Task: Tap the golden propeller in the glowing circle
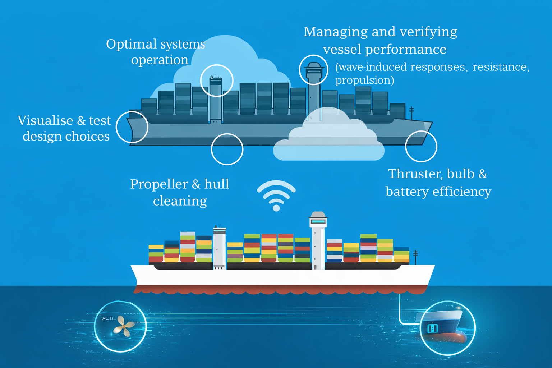[124, 326]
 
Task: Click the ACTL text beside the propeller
[109, 318]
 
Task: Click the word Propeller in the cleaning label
[159, 185]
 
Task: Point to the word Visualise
[45, 120]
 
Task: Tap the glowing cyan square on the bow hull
[433, 328]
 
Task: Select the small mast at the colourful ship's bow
[415, 257]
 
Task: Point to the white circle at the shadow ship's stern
[132, 112]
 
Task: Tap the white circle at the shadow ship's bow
[421, 132]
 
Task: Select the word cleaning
[180, 201]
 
